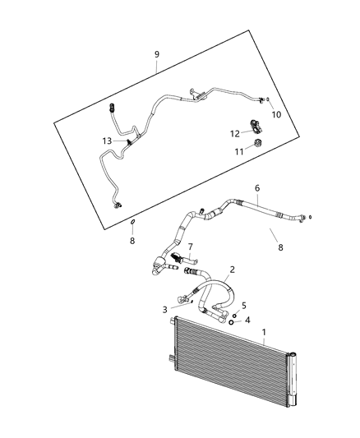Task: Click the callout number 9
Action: (x=157, y=54)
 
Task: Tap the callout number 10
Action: (x=276, y=114)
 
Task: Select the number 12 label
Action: (x=234, y=132)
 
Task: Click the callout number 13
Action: (x=107, y=141)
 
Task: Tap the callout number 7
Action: (x=190, y=247)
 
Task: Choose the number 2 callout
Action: (x=232, y=269)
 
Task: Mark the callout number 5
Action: (x=244, y=306)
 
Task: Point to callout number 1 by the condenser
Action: (x=263, y=334)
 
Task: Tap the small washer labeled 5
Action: (x=233, y=315)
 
